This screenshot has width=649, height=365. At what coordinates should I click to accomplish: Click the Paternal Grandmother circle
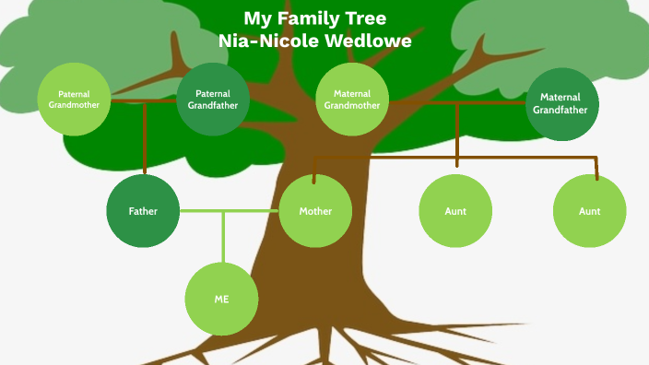tap(74, 99)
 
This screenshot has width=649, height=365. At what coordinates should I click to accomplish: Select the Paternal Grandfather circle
tap(213, 99)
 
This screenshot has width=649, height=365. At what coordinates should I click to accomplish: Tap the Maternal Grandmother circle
tap(351, 99)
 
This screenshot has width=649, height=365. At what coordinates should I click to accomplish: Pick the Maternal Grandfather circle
tap(562, 103)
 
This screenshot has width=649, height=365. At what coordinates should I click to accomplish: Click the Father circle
tap(143, 211)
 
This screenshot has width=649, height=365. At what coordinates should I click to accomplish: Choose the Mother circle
tap(315, 211)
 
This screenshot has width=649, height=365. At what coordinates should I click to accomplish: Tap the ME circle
tap(221, 300)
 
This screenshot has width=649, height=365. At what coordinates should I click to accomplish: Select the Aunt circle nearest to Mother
tap(455, 211)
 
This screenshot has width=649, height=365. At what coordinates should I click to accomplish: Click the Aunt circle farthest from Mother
tap(590, 211)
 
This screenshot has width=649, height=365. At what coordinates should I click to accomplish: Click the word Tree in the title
tap(366, 19)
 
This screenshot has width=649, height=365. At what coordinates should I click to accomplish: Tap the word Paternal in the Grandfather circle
tap(213, 93)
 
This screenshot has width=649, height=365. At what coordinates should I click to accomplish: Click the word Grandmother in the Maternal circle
tap(351, 105)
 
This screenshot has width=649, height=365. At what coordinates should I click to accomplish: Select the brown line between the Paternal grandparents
tap(143, 100)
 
